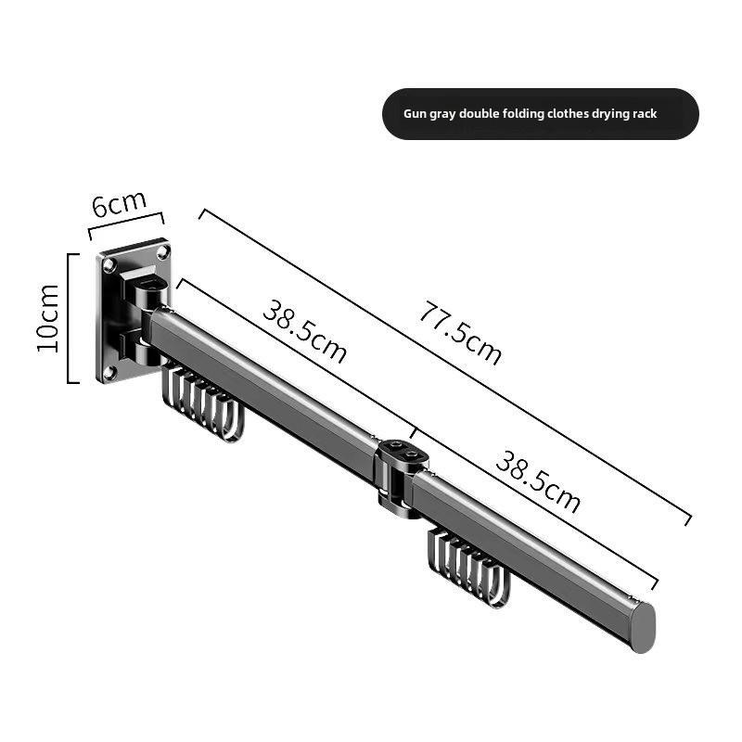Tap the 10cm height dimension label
tap(48, 317)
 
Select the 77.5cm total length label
tap(459, 334)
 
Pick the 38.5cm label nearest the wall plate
tap(304, 332)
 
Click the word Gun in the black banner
tap(415, 114)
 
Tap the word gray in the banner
tap(444, 114)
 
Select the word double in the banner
tap(482, 114)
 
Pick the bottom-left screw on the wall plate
tap(109, 372)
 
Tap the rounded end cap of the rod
tap(641, 627)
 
